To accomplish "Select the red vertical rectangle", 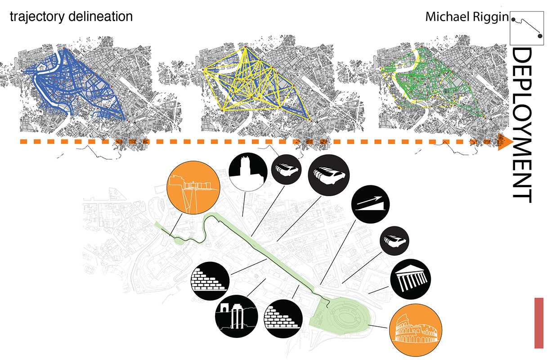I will [x=538, y=323].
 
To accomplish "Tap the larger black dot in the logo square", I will [x=540, y=36].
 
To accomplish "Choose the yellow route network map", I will [x=254, y=83].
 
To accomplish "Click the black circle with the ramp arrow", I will [x=370, y=204].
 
